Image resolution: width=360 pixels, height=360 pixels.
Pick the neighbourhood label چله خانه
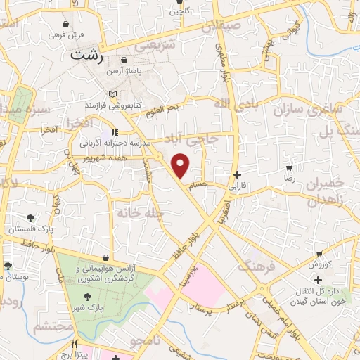tap(140, 211)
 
